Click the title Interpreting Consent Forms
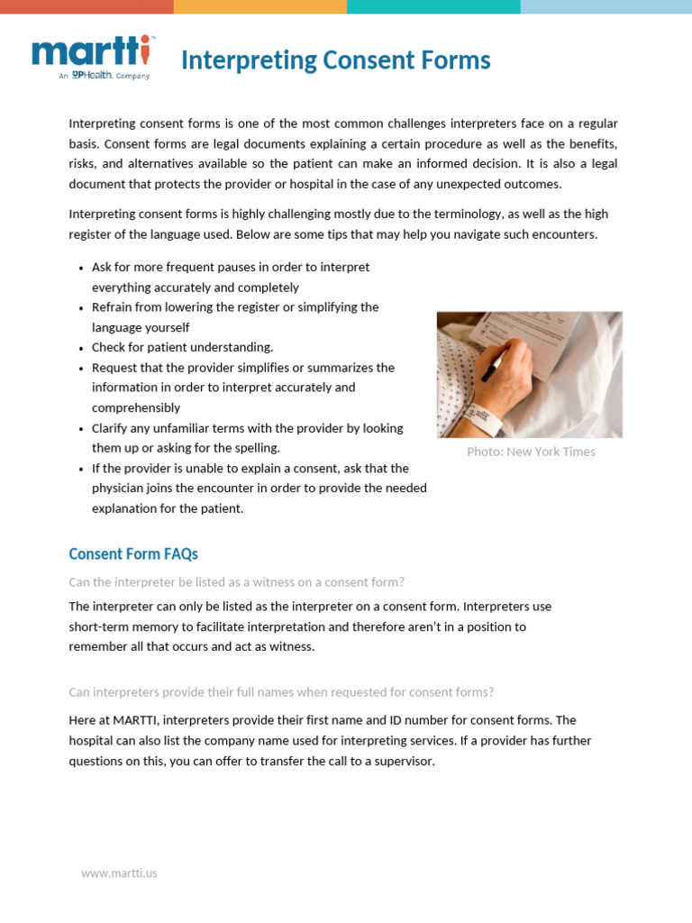(x=335, y=60)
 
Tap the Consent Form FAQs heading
(x=133, y=553)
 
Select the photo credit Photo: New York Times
(x=531, y=452)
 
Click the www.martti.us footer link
(x=119, y=873)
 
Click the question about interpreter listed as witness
(x=236, y=582)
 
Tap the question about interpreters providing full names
(x=281, y=692)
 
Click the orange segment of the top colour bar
(x=86, y=6)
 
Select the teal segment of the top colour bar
(x=432, y=6)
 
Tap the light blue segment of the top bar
(x=605, y=6)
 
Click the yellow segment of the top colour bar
(x=259, y=6)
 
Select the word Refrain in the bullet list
(x=114, y=307)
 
